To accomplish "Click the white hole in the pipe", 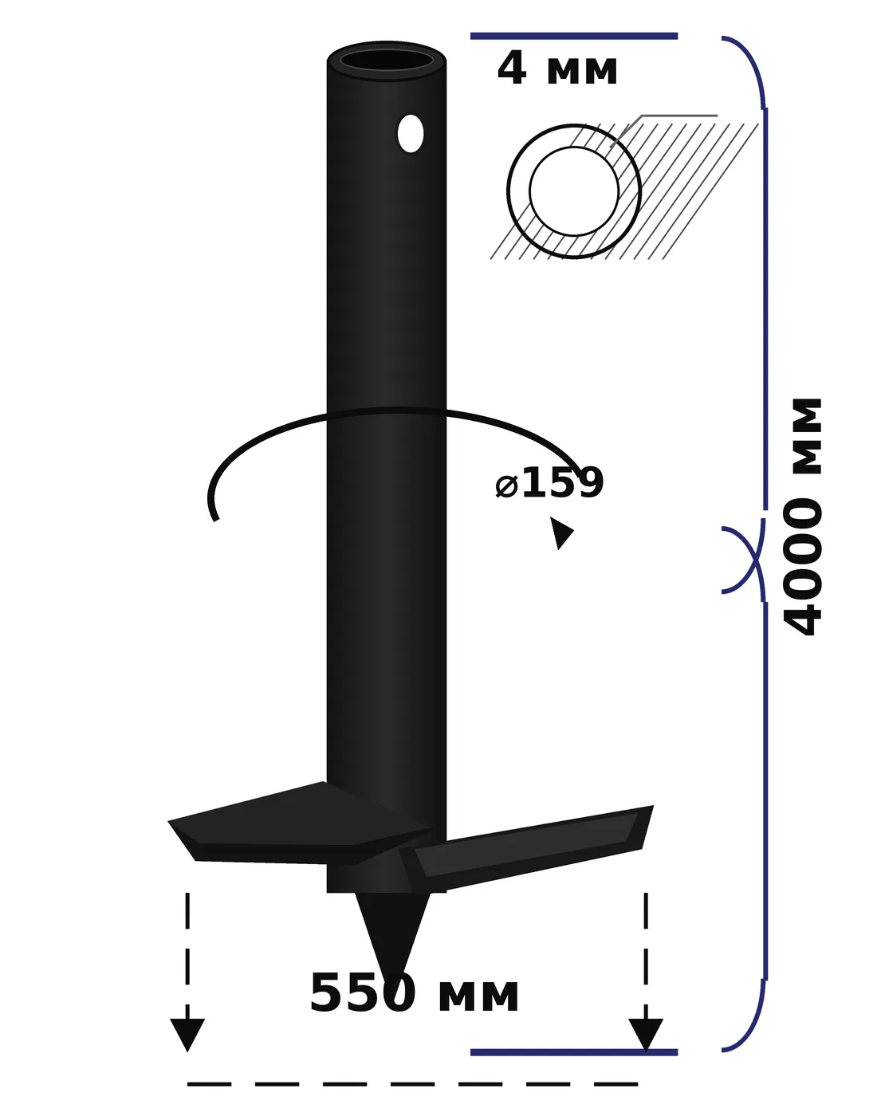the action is tap(411, 134).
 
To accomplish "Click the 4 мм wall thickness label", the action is tap(556, 69).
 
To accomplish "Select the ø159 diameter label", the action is tap(549, 482).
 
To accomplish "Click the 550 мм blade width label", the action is tap(414, 994).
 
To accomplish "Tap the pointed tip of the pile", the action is tap(392, 982).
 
